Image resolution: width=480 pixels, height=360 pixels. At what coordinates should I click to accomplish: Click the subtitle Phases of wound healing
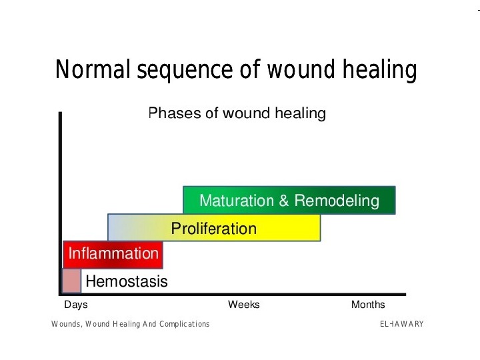pyautogui.click(x=237, y=113)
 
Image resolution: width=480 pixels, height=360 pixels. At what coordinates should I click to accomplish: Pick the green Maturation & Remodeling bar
pyautogui.click(x=289, y=200)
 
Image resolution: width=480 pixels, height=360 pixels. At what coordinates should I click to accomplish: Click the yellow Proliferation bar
pyautogui.click(x=214, y=228)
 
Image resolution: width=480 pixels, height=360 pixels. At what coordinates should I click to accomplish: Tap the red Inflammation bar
pyautogui.click(x=113, y=254)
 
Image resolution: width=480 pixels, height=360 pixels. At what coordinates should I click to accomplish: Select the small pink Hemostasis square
pyautogui.click(x=71, y=281)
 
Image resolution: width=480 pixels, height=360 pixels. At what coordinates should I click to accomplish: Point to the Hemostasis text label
pyautogui.click(x=127, y=281)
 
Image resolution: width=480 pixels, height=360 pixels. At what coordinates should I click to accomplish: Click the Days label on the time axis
pyautogui.click(x=75, y=305)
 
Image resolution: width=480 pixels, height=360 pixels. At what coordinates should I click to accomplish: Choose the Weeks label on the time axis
pyautogui.click(x=244, y=305)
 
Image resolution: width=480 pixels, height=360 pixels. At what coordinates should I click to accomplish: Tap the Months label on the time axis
pyautogui.click(x=368, y=305)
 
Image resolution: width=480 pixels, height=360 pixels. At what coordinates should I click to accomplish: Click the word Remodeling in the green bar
pyautogui.click(x=337, y=201)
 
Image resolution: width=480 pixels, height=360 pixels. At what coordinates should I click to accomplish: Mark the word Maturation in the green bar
pyautogui.click(x=237, y=201)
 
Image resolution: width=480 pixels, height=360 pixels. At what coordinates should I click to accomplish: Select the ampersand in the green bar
pyautogui.click(x=285, y=201)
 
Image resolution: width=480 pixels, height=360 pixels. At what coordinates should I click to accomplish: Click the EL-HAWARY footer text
pyautogui.click(x=401, y=324)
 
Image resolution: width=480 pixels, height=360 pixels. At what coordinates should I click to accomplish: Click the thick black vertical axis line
pyautogui.click(x=61, y=200)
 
